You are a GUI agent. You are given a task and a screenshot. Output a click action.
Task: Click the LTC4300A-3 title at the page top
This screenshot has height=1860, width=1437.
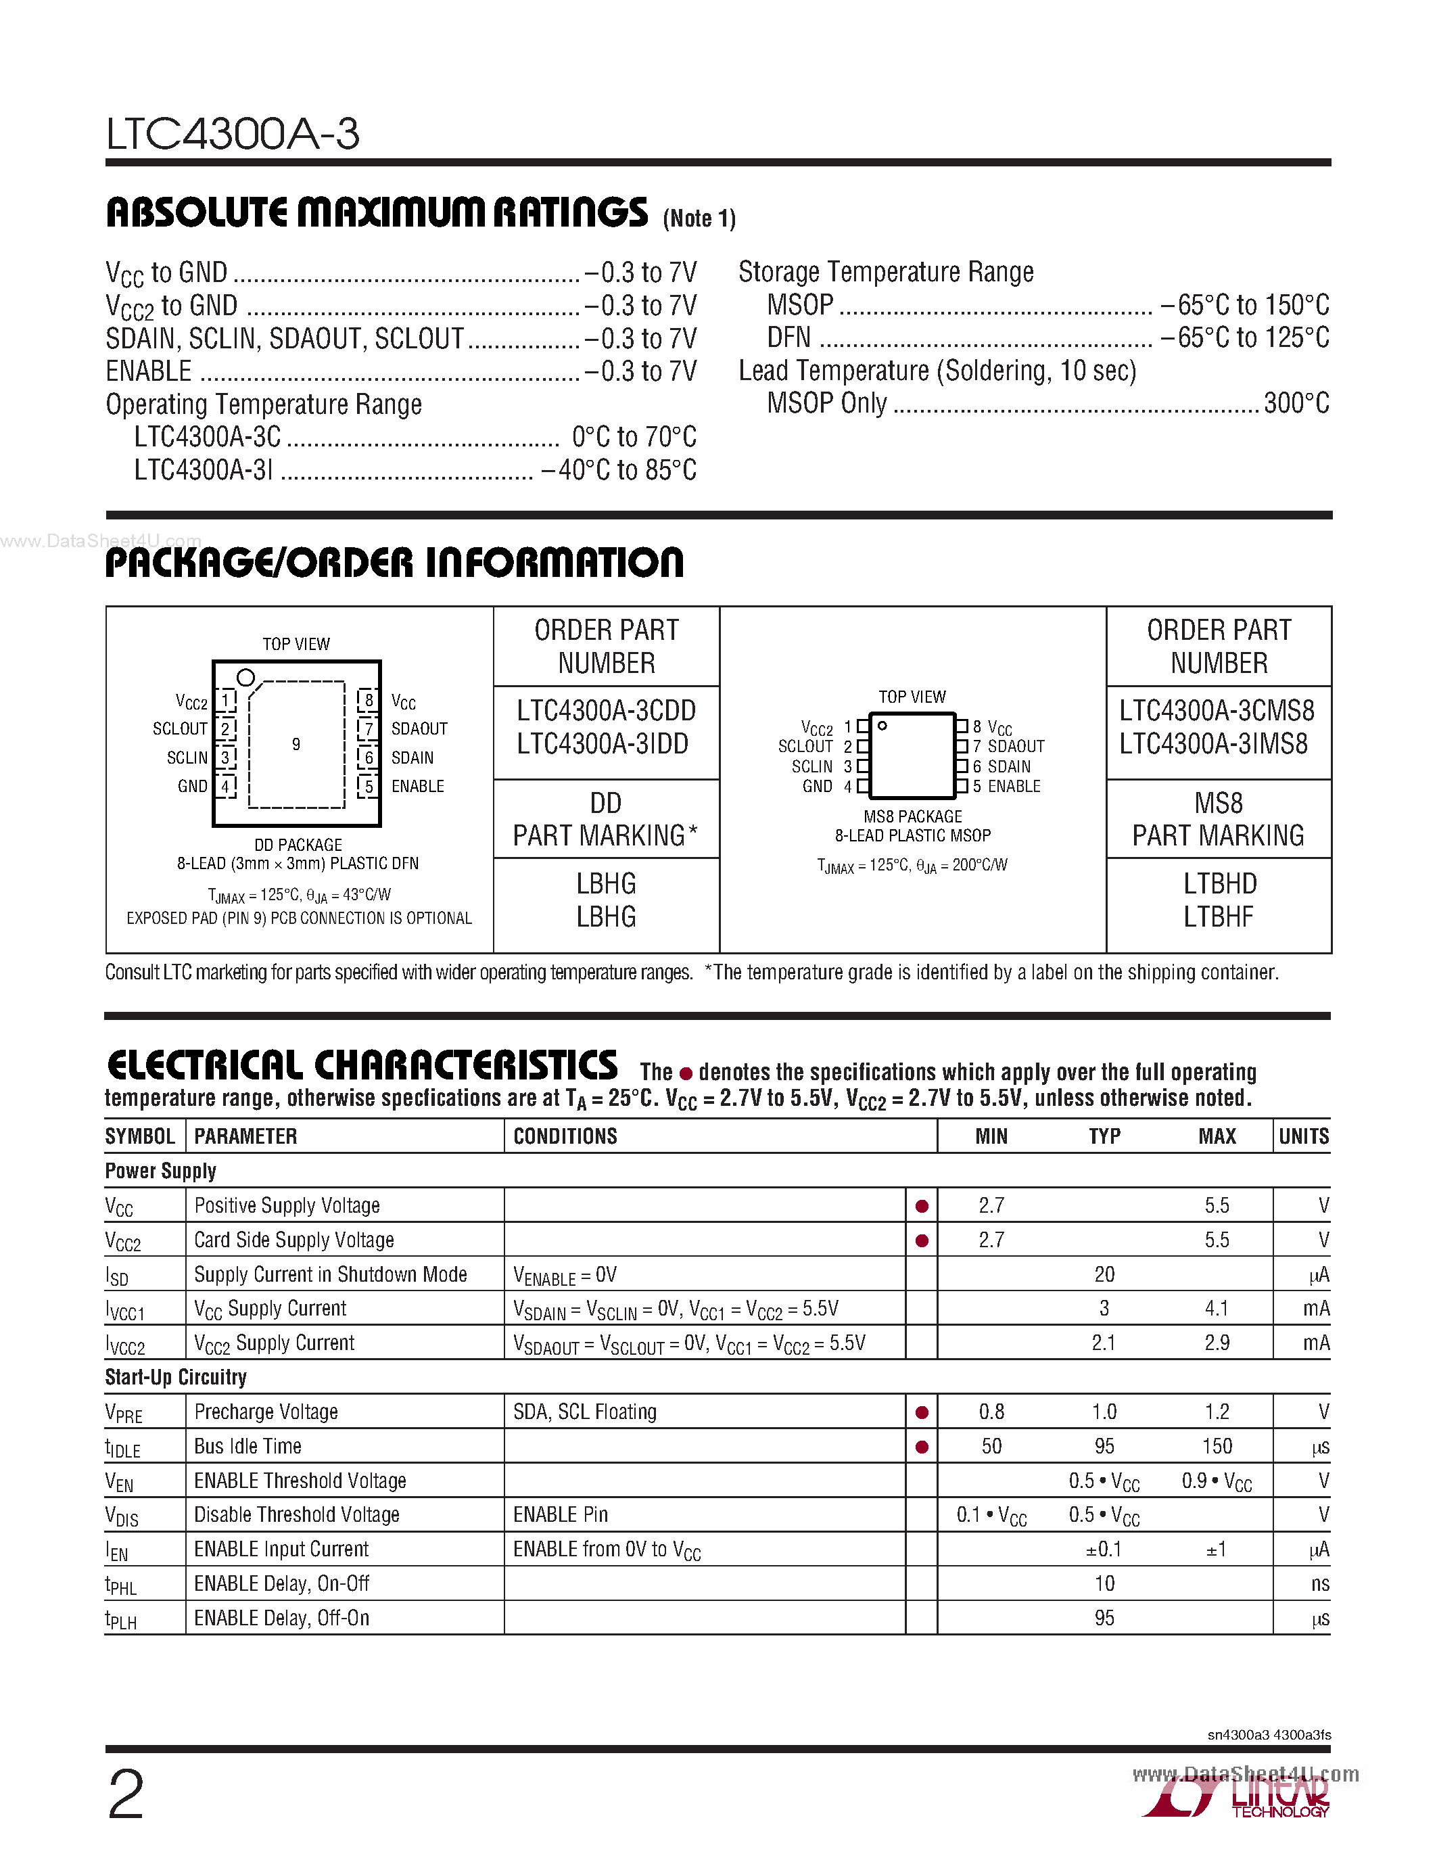coord(233,135)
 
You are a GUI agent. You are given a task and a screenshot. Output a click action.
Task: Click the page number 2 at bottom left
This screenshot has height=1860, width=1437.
coord(126,1794)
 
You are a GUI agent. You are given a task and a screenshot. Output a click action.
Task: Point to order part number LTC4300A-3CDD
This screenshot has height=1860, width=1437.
coord(606,710)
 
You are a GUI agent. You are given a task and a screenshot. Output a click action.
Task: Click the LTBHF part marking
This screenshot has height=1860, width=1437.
coord(1218,917)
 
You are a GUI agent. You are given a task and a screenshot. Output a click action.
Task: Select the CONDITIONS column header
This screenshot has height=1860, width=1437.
coord(565,1136)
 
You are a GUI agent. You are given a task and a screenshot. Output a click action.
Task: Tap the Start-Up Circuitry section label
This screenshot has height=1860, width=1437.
coord(175,1377)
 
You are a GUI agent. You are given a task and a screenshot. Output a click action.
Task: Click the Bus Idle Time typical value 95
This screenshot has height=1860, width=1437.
coord(1104,1446)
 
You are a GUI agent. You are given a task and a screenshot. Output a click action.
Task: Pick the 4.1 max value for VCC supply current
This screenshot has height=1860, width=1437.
coord(1217,1308)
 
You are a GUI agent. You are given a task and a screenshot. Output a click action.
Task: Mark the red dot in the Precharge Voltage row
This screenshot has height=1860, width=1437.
coord(921,1413)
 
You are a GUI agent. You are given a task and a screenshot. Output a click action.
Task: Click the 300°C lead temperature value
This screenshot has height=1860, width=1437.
coord(1296,403)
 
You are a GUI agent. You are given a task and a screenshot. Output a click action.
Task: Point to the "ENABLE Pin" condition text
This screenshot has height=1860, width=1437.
coord(560,1514)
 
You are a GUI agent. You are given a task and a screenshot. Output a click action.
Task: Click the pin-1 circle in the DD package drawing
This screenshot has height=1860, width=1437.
coord(245,678)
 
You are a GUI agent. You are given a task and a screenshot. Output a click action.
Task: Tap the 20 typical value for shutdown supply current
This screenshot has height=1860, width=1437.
coord(1104,1274)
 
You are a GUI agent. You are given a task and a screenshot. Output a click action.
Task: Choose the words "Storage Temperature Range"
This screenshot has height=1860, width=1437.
coord(885,272)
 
